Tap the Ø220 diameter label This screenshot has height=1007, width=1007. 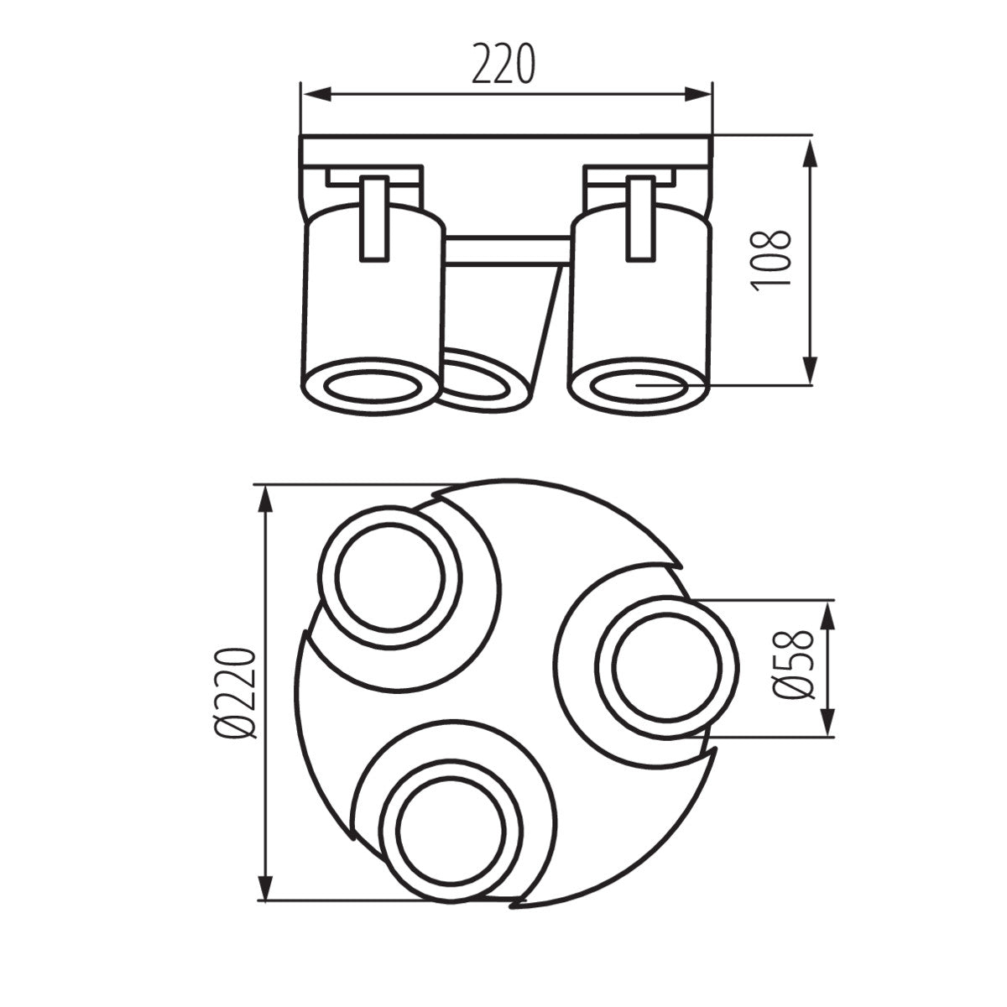[234, 693]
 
